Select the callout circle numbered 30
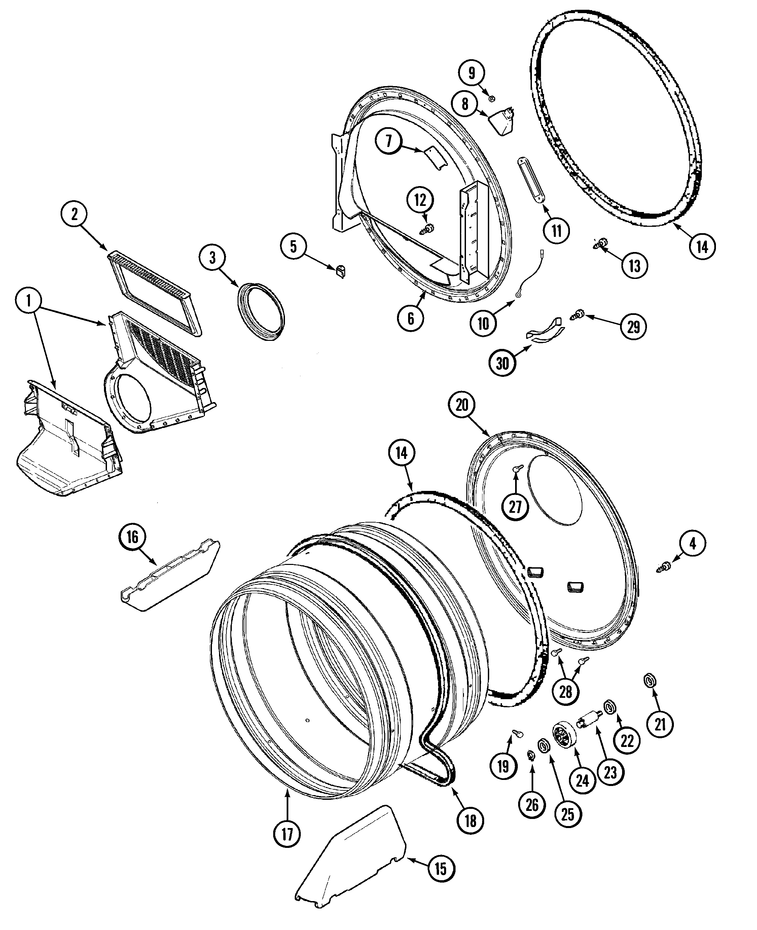(502, 363)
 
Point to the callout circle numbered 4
(692, 543)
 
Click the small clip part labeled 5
(340, 271)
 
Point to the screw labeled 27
(517, 469)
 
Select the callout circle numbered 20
(462, 405)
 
